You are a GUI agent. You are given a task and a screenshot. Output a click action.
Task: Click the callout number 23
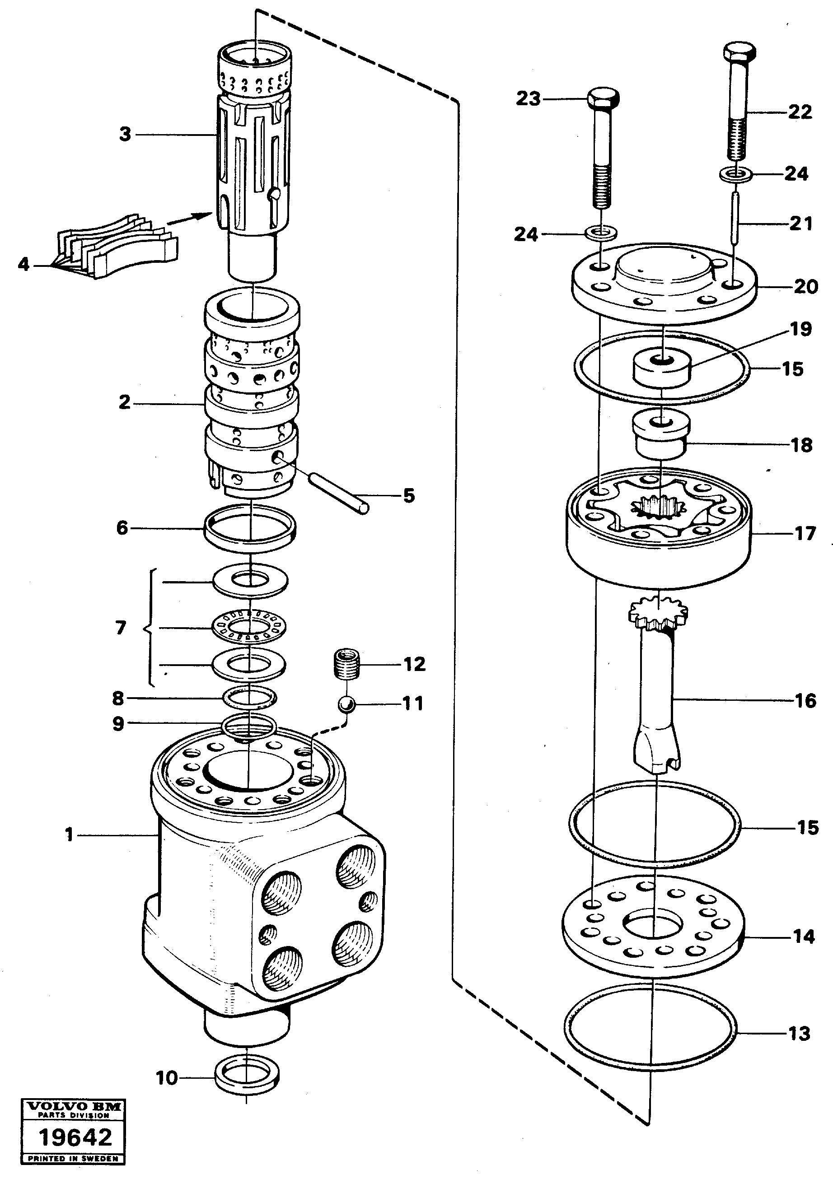pos(529,98)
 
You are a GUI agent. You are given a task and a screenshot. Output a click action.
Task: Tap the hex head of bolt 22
pos(739,53)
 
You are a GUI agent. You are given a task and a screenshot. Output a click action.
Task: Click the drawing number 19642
pos(75,1137)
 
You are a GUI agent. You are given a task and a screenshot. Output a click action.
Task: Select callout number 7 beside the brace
pos(121,628)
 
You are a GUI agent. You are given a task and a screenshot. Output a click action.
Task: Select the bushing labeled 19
pos(661,368)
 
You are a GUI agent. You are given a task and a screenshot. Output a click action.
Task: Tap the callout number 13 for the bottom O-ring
pos(799,1033)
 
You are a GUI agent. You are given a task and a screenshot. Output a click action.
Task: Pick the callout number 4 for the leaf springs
pos(23,265)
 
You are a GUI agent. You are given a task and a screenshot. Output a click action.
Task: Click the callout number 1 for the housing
pos(69,835)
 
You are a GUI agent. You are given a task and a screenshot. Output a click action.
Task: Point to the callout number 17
pos(805,534)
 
